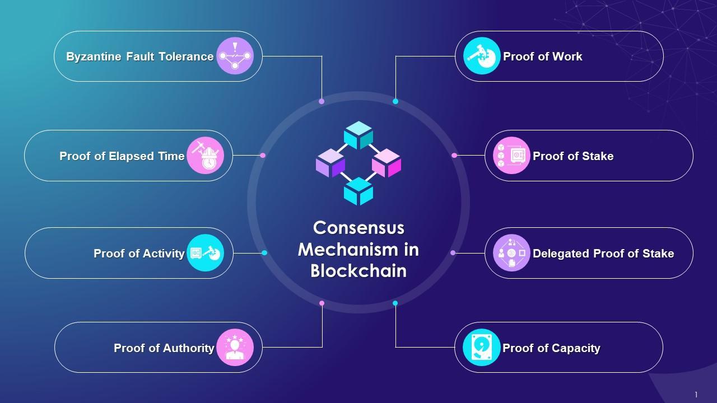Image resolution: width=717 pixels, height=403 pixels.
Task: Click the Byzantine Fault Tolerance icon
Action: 235,56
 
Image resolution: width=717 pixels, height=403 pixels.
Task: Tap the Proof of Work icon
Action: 482,56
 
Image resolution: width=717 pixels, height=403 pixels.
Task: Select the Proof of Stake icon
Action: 511,156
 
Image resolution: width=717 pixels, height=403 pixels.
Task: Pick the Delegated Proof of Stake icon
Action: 511,253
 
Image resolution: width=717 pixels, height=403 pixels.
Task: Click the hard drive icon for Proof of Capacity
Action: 482,348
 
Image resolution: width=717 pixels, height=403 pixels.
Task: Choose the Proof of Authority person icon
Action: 235,348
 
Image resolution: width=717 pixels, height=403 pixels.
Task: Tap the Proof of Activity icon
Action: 205,253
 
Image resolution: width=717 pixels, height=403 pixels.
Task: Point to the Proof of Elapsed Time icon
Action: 205,156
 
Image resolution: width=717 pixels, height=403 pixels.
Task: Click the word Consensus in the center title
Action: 358,228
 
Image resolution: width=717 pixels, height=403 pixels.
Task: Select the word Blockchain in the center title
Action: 358,270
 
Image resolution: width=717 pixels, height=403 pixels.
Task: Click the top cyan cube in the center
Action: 358,135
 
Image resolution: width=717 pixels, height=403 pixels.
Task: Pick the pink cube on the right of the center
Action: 387,163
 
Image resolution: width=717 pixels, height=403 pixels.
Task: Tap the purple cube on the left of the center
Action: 330,163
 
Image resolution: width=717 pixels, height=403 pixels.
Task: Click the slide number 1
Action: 696,395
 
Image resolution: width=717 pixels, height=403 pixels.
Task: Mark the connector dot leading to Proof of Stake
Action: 454,155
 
